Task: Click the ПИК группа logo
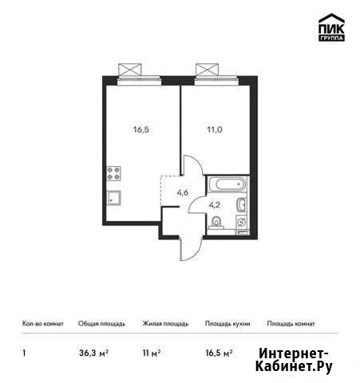click(x=331, y=27)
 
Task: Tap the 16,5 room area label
click(x=141, y=130)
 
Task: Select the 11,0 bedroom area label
click(x=215, y=130)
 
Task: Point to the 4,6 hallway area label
click(x=183, y=192)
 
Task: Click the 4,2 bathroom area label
click(x=215, y=205)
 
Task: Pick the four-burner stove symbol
click(x=114, y=173)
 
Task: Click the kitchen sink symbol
click(x=114, y=198)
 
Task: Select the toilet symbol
click(x=216, y=223)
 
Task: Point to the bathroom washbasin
click(x=242, y=204)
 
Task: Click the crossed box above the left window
click(x=129, y=69)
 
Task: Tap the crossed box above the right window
click(x=207, y=69)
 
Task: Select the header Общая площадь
click(x=101, y=324)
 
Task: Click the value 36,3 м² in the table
click(x=93, y=353)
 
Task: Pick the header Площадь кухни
click(x=227, y=324)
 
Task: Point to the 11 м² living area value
click(x=152, y=353)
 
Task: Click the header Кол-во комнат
click(x=43, y=324)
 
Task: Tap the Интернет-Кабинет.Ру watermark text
click(x=294, y=360)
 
